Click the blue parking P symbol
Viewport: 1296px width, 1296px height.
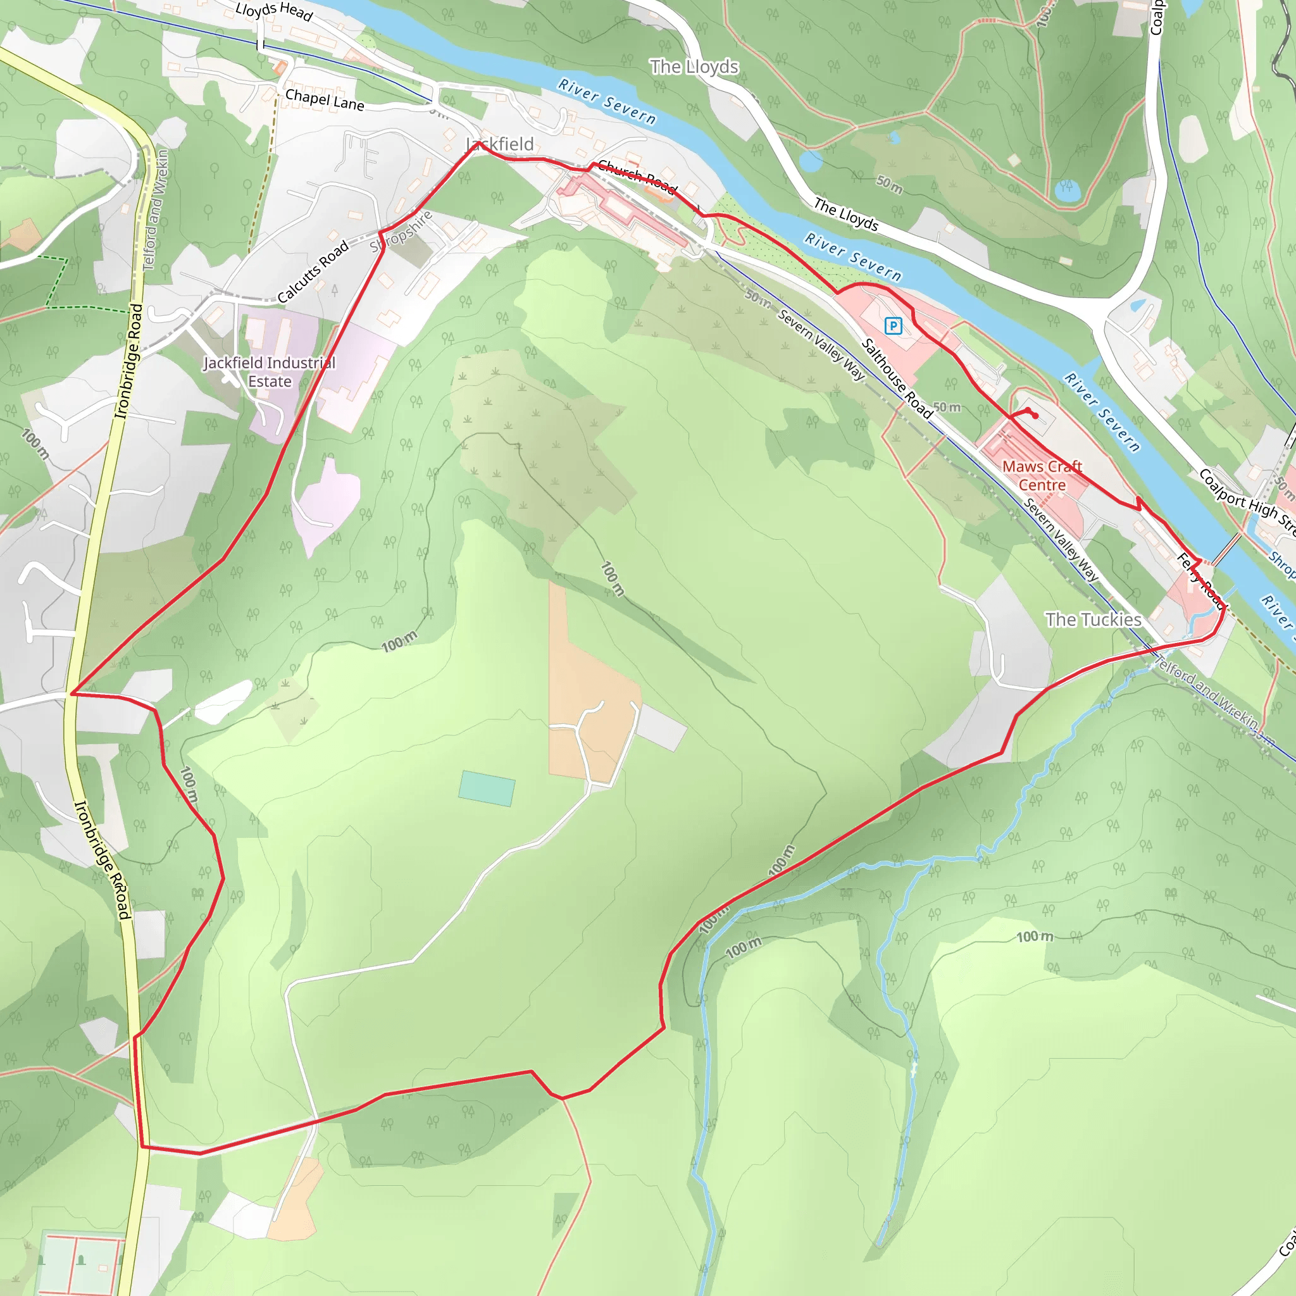893,326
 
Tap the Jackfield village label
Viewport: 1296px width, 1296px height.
500,144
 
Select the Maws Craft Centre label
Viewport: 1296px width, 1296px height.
1042,476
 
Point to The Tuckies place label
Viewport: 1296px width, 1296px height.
1093,619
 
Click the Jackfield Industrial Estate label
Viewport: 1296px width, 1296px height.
270,371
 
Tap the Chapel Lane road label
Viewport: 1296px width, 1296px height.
325,100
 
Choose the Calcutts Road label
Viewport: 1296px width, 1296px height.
313,271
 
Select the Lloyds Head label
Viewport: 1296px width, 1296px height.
273,11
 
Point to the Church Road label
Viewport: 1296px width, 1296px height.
637,177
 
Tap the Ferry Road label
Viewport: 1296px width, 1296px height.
1200,581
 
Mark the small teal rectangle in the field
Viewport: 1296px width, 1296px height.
487,788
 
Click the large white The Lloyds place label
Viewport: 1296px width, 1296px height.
694,67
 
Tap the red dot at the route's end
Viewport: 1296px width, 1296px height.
1036,416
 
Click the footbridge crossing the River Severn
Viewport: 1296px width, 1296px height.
1226,550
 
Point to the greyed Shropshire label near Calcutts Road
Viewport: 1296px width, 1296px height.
401,232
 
